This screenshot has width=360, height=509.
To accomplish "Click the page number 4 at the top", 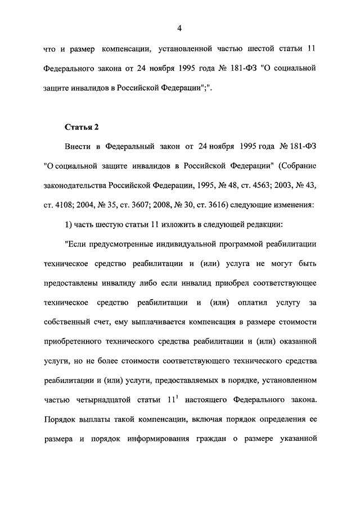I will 179,28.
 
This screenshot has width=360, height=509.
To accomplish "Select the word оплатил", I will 244,303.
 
